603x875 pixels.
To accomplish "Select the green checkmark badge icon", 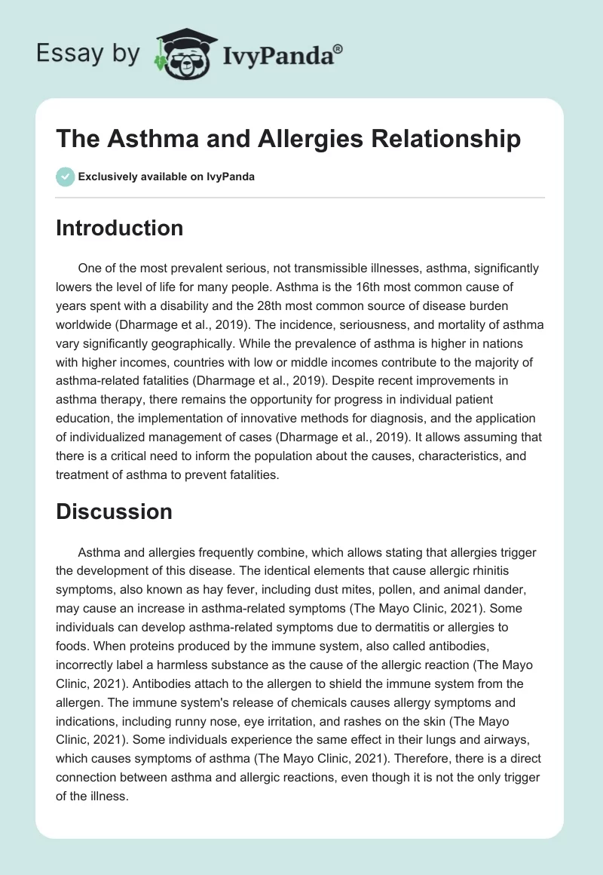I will [x=65, y=177].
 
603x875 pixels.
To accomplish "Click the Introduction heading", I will [x=119, y=228].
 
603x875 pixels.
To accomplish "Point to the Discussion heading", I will [x=114, y=511].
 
